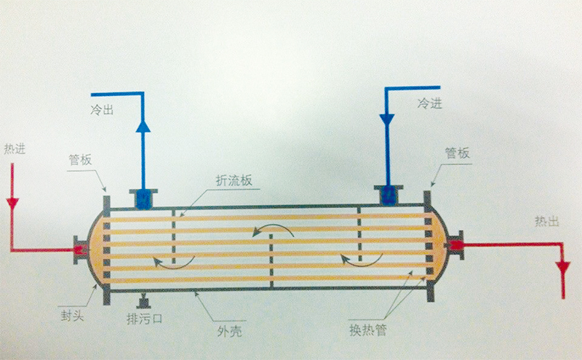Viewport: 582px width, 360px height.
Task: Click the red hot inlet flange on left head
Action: point(79,249)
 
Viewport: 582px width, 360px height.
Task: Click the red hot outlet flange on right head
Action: point(456,246)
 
